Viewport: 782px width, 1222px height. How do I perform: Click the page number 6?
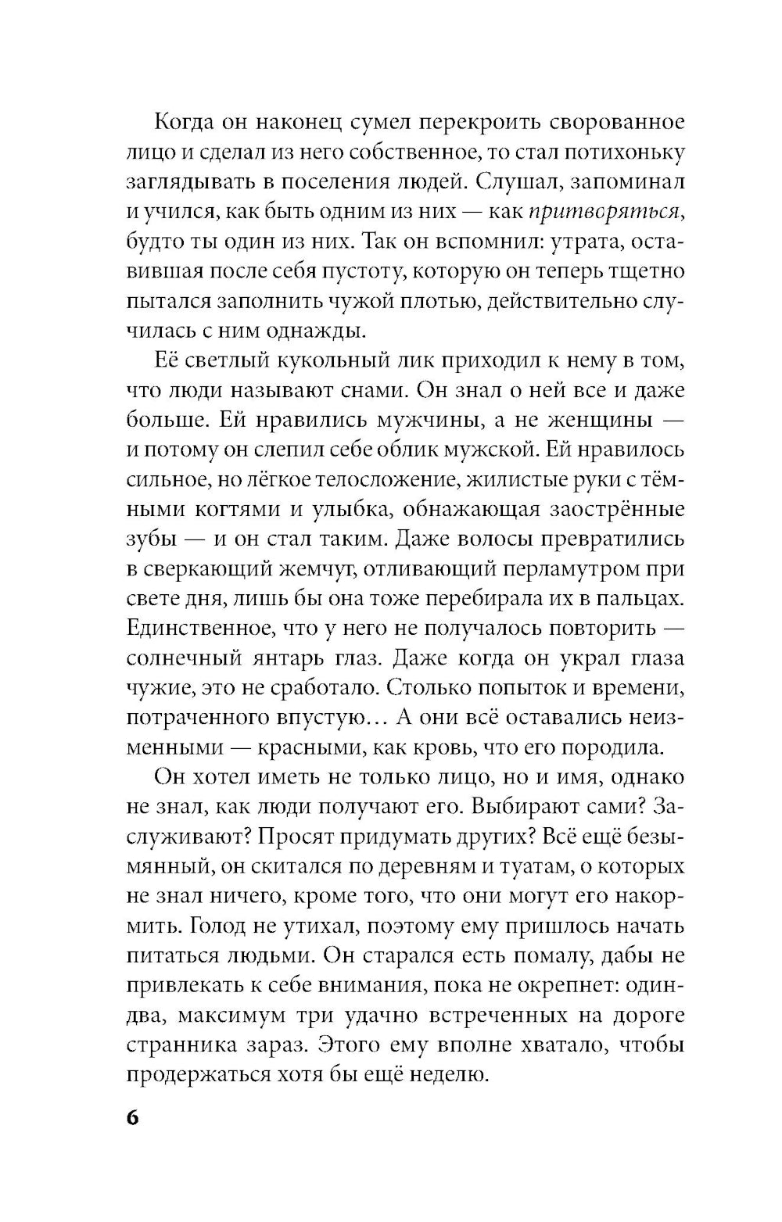point(132,1117)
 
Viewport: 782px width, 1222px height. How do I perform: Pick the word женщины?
point(584,420)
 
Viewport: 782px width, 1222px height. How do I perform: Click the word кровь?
point(445,747)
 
